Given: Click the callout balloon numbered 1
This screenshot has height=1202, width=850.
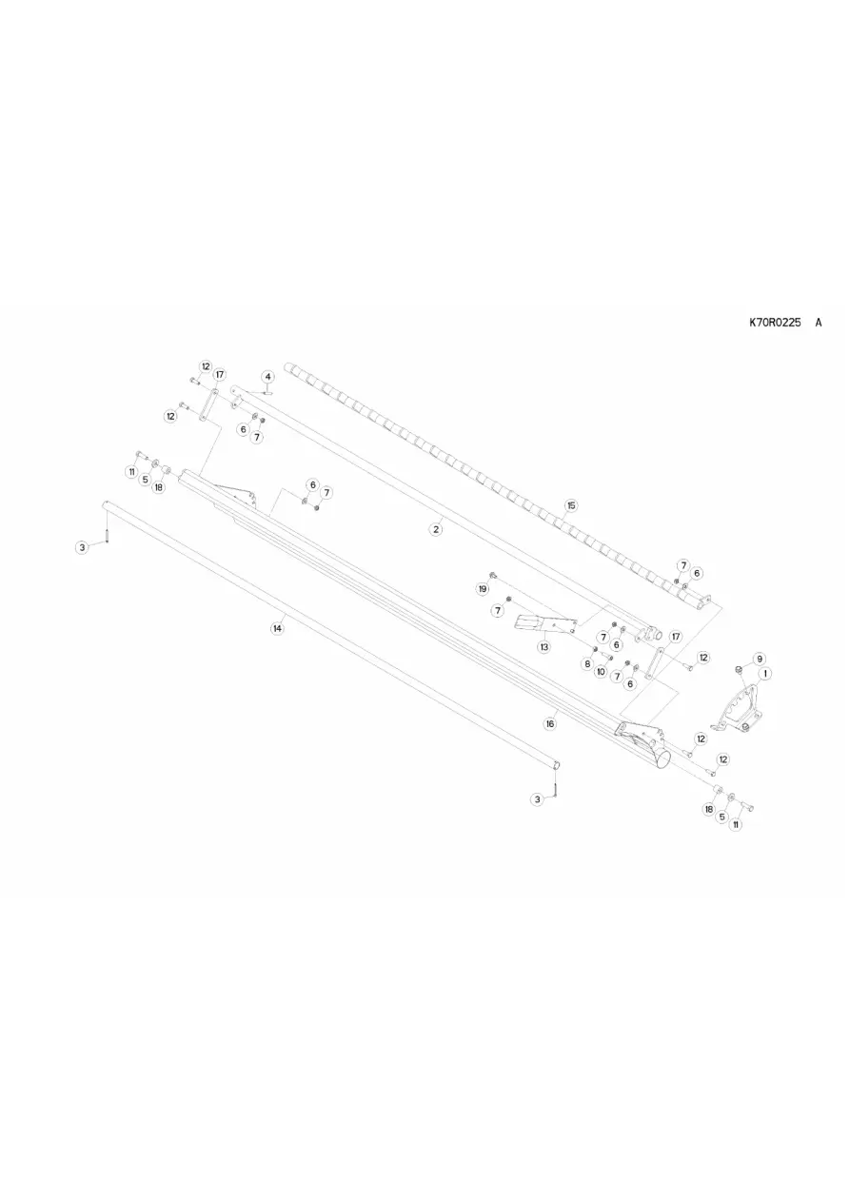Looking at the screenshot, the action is pos(765,673).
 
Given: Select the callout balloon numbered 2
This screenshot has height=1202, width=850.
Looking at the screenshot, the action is pos(436,529).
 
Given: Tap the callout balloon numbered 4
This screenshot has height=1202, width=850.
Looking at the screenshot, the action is pos(268,376).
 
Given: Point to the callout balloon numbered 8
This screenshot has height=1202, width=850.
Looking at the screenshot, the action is pos(587,663).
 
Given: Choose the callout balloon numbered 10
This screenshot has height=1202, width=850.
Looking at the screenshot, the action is pos(601,671).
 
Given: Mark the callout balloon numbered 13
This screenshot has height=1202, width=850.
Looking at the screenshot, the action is pos(544,646).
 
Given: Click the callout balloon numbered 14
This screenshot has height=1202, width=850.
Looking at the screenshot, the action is pos(277,628).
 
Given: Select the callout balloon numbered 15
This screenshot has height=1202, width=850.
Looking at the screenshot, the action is pos(571,505).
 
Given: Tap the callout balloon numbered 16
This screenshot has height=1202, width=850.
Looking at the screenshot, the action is pos(549,723).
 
